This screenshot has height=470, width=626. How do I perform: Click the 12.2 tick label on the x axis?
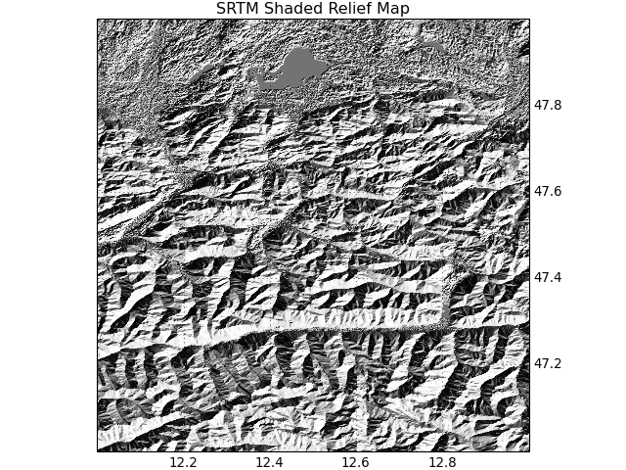click(183, 461)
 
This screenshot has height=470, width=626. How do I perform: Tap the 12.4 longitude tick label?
click(269, 461)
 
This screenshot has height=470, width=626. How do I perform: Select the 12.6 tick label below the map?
click(355, 461)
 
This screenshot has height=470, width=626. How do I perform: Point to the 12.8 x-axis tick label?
click(442, 461)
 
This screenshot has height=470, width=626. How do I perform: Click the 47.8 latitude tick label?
click(548, 105)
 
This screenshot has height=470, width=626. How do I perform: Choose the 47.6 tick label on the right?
click(548, 191)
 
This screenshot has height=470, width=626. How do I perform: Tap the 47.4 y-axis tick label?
click(548, 277)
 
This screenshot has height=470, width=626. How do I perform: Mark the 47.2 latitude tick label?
click(548, 363)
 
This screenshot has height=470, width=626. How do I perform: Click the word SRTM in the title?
click(238, 9)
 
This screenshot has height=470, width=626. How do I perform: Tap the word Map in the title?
click(392, 9)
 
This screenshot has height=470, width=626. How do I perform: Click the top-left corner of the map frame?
click(98, 19)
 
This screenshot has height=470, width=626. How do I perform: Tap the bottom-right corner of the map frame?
click(529, 450)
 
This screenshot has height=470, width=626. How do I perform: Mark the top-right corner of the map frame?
click(529, 19)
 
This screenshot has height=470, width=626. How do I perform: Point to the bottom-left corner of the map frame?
click(98, 450)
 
